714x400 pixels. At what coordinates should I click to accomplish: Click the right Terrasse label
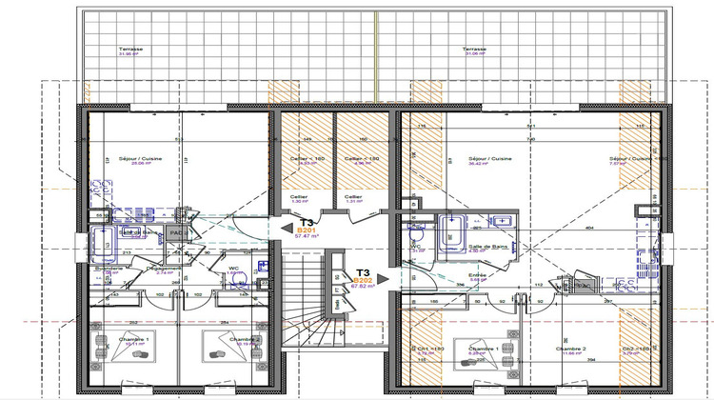(475, 49)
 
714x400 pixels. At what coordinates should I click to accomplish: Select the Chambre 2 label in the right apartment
(576, 349)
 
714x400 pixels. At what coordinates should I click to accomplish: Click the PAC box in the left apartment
(175, 231)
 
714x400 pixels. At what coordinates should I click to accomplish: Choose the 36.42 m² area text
(491, 164)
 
